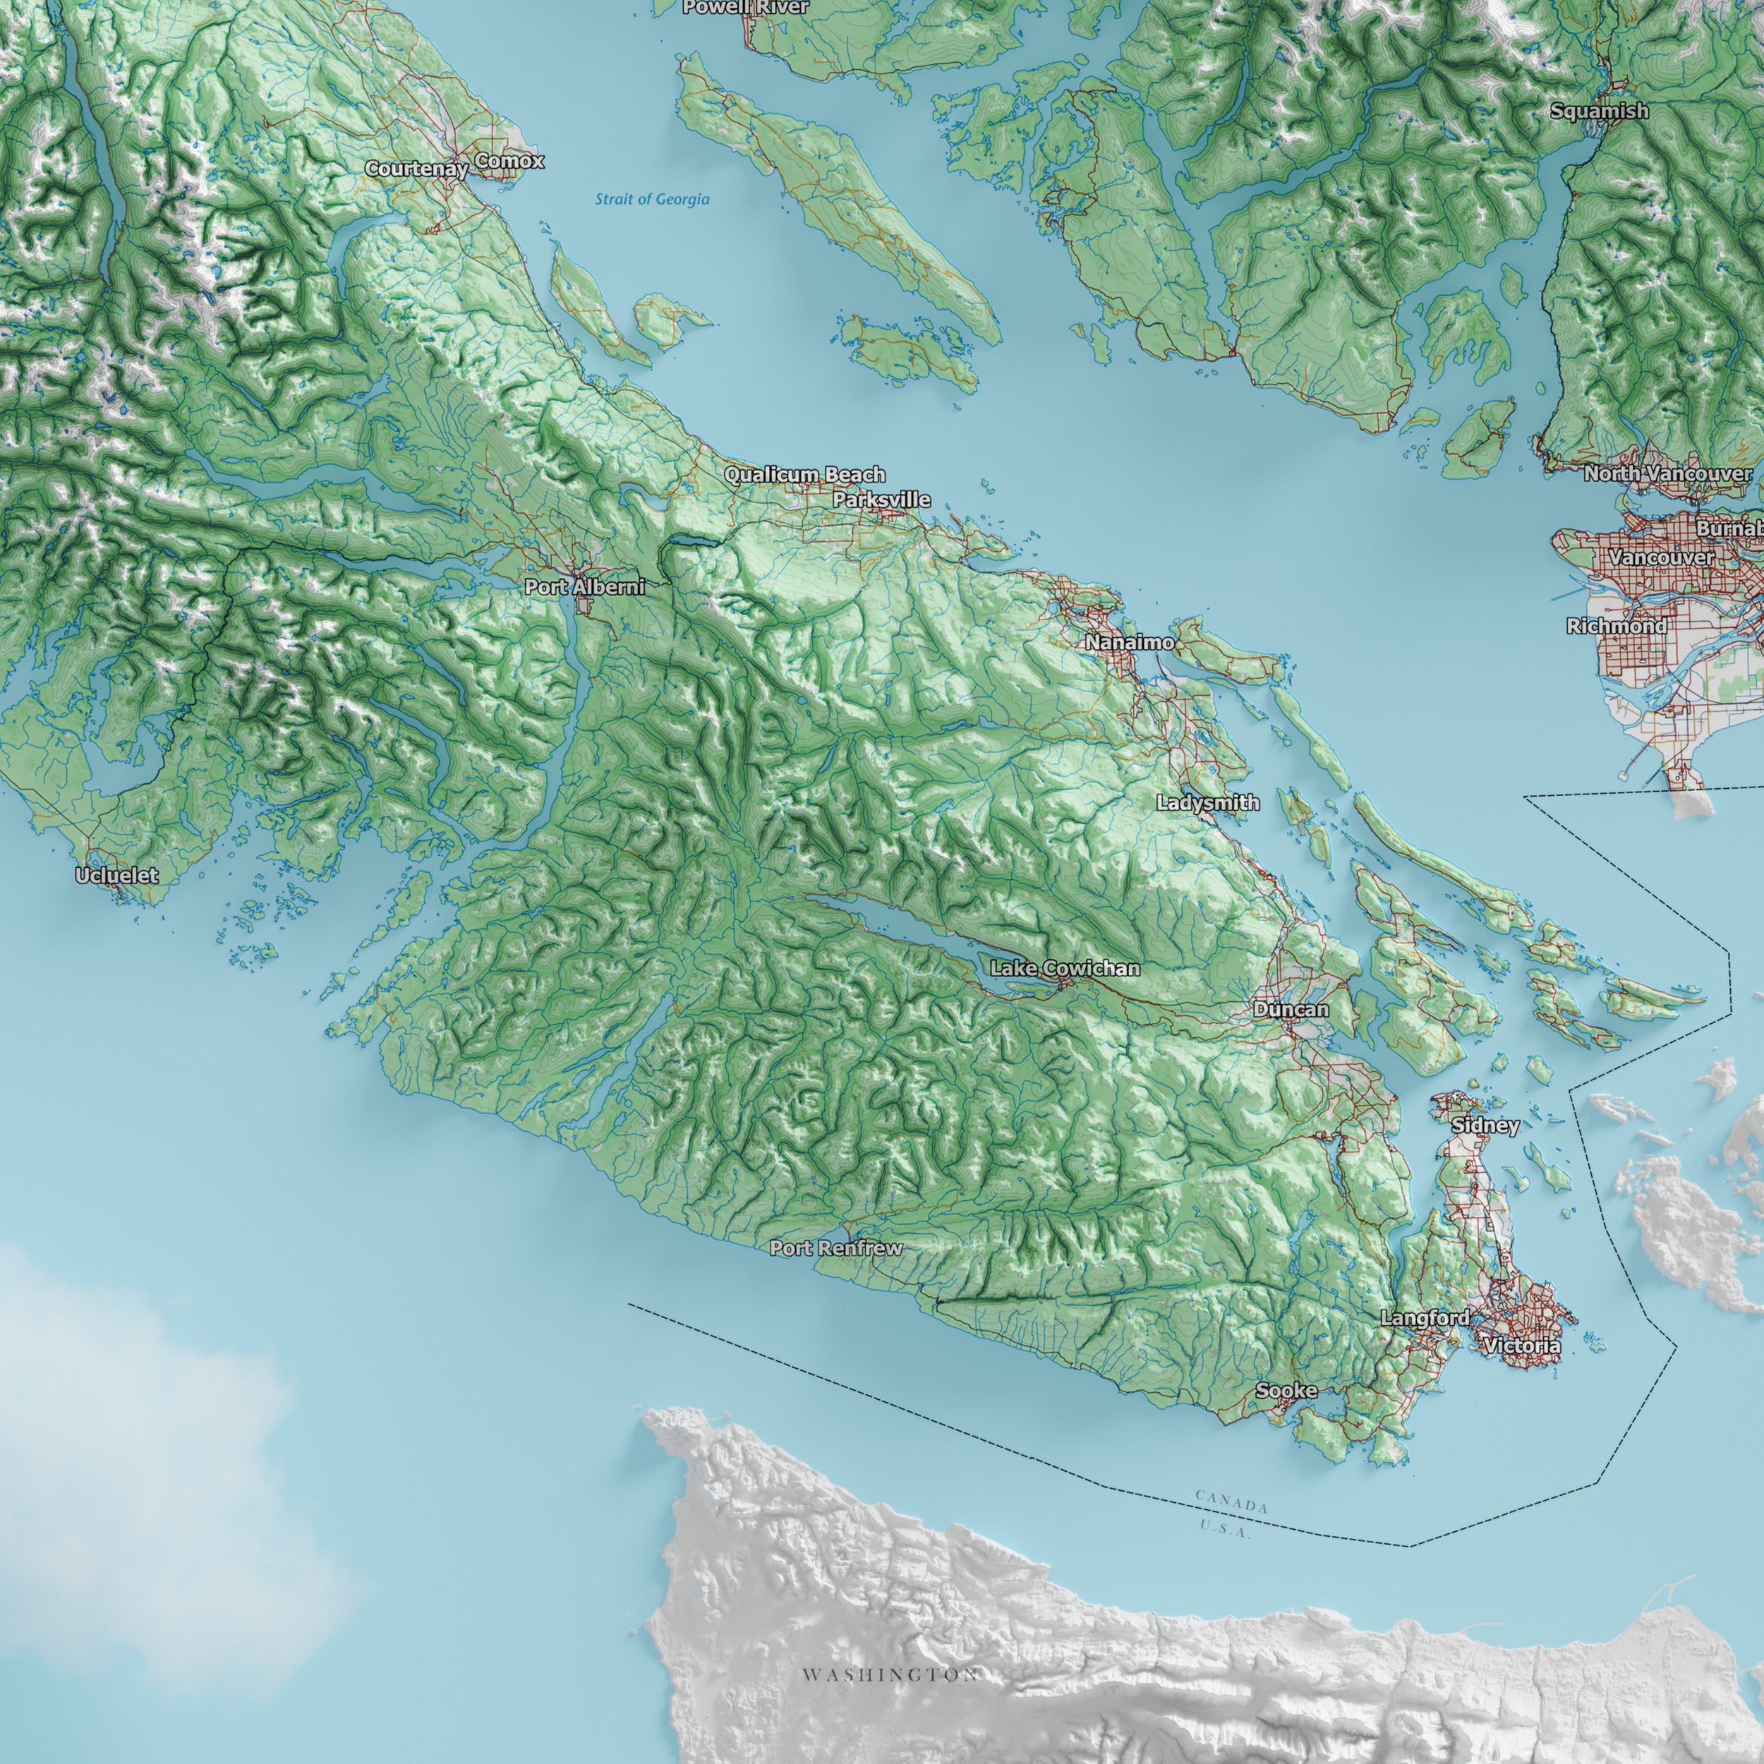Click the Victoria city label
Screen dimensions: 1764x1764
point(1522,1346)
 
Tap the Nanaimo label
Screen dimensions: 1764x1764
point(1130,643)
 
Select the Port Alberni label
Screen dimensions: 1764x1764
point(584,587)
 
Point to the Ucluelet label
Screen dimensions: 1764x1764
point(117,876)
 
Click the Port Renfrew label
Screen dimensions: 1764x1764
point(835,1248)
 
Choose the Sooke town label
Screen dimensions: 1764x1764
point(1286,1391)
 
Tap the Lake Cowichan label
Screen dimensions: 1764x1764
point(1065,968)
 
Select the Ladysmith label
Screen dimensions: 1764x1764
point(1208,802)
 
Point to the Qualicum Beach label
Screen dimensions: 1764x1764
point(804,475)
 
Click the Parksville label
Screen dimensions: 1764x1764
point(881,500)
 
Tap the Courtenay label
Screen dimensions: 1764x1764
point(416,169)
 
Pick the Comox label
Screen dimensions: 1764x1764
point(509,162)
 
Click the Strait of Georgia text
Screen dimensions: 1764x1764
point(652,199)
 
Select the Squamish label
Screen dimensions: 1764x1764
point(1600,111)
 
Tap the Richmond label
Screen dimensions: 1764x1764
point(1616,627)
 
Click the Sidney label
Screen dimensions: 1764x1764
point(1485,1125)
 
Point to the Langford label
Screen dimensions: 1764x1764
point(1425,1319)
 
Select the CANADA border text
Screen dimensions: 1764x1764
point(1232,1502)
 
